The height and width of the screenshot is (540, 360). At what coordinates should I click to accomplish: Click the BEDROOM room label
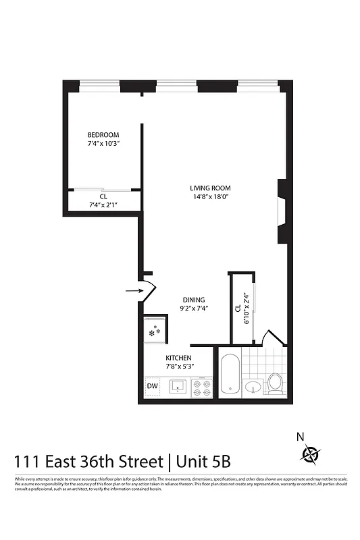point(103,134)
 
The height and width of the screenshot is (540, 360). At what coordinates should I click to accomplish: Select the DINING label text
point(194,300)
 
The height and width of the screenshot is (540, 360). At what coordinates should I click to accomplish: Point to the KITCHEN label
point(179,358)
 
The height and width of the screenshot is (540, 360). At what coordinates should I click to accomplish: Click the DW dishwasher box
point(152,387)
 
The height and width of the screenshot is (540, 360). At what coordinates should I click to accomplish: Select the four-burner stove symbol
point(201,387)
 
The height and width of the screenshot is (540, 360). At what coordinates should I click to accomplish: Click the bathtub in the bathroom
point(229,376)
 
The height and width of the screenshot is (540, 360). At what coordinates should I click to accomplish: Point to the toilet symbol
point(274,383)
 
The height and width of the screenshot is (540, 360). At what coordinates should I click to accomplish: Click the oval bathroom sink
point(253,387)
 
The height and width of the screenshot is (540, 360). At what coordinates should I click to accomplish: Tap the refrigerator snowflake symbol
point(154,331)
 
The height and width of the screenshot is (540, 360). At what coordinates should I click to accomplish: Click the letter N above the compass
point(300,437)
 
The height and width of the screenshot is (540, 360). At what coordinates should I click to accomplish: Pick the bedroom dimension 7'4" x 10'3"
point(103,144)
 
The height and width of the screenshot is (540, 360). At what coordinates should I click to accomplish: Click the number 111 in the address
point(26,462)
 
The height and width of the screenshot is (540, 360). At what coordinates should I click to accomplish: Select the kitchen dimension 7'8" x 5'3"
point(179,367)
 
